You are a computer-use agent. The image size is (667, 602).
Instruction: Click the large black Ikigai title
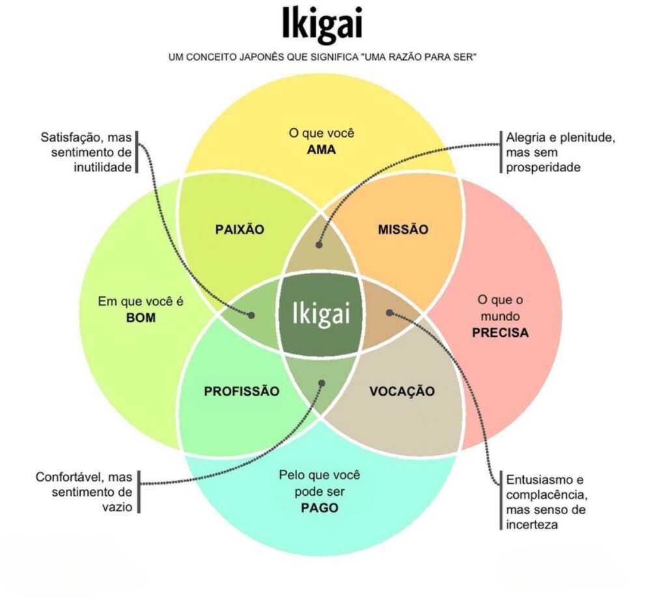(322, 24)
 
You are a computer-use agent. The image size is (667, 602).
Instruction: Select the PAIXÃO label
(240, 229)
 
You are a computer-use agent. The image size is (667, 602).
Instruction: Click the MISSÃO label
(403, 229)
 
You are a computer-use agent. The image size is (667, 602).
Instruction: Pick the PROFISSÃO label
(242, 391)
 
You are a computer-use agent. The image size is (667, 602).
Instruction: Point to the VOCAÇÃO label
(402, 391)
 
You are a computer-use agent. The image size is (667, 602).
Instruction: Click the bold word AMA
(321, 150)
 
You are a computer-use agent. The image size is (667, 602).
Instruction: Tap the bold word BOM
(141, 318)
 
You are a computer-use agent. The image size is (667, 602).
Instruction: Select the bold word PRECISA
(500, 332)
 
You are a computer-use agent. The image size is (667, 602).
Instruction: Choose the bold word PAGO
(319, 508)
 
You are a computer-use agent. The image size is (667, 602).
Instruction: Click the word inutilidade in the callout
(102, 167)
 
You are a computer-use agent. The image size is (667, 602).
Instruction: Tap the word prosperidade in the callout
(543, 167)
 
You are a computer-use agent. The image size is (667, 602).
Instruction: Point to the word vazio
(117, 507)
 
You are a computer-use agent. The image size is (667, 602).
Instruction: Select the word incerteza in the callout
(532, 524)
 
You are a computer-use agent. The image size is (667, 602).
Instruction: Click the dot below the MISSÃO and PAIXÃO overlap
(319, 244)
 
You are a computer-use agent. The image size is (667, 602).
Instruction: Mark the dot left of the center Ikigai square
(251, 315)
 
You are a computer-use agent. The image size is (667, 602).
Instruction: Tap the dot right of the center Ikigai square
(390, 313)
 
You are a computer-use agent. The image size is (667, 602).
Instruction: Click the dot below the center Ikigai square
(322, 383)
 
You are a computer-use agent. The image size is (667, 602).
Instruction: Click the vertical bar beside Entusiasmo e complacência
(501, 500)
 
